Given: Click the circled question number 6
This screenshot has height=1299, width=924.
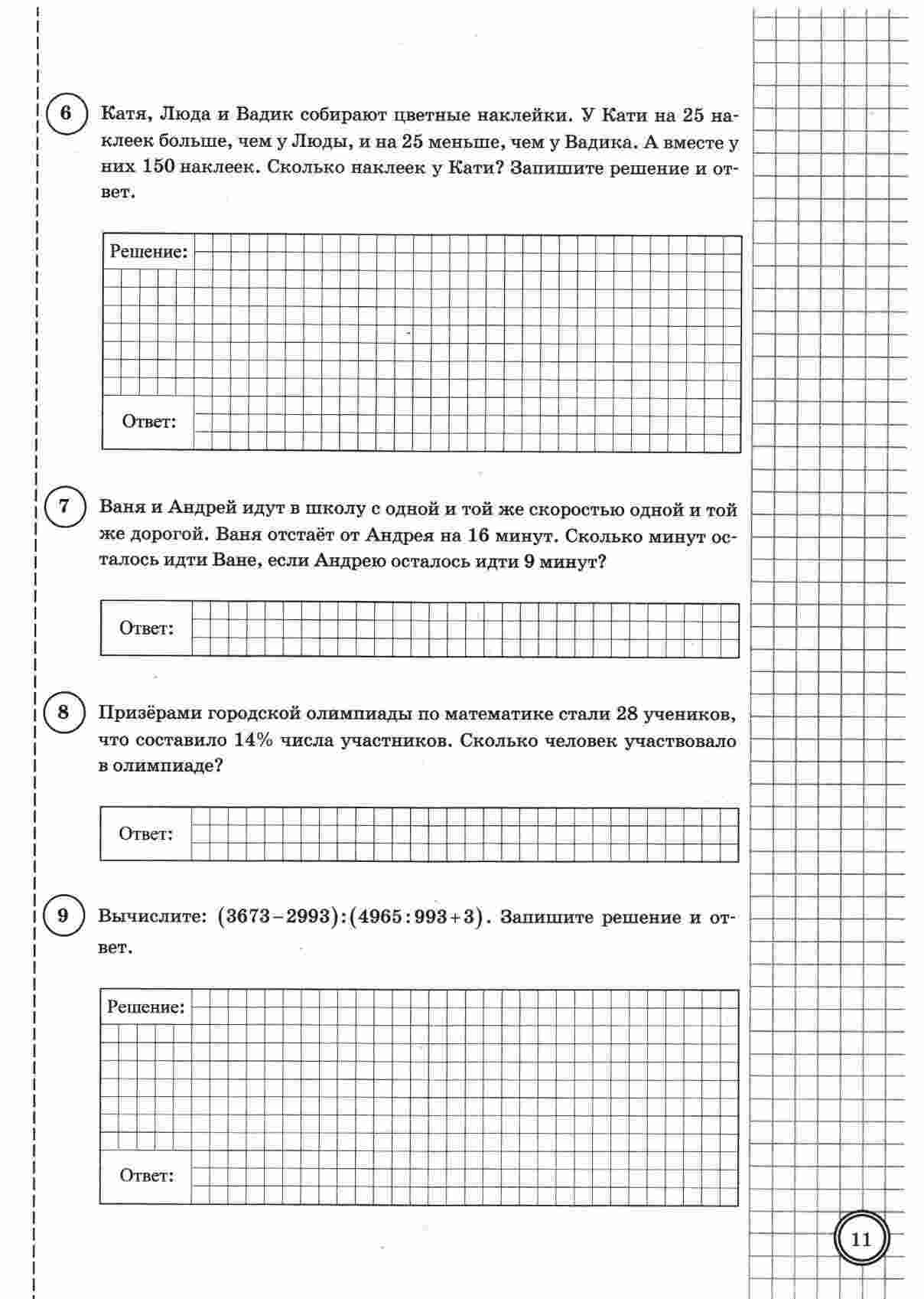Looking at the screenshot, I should coord(65,114).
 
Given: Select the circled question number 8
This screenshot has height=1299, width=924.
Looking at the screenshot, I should coord(63,713).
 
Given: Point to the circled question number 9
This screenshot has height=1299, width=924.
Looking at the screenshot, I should coord(63,916).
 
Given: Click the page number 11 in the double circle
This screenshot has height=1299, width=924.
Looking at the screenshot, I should coord(861,1239).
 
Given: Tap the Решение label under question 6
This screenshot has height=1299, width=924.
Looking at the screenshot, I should coord(148,252).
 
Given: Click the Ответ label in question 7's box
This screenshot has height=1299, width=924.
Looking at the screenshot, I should coord(146,628).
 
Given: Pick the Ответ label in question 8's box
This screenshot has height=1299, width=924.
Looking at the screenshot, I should coord(145,834).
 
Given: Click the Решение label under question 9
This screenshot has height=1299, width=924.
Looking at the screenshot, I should coord(146,1007).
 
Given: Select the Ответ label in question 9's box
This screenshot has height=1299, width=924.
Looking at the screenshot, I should coord(146,1175).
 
